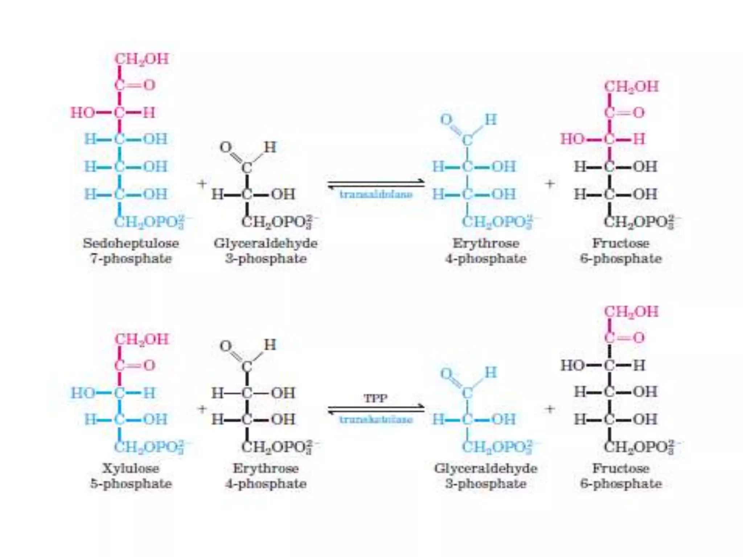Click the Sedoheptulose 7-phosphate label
pos(131,251)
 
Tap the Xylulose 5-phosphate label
pos(131,476)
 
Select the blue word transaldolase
pos(376,195)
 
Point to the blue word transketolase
pos(376,420)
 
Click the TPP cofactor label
pos(376,399)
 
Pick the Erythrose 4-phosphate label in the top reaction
pos(486,251)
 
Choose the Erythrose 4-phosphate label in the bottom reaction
pos(266,476)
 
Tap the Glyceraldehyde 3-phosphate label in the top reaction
pos(266,251)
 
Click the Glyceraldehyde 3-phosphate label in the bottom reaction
pos(486,476)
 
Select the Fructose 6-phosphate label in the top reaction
pos(621,251)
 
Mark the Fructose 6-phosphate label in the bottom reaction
pos(621,476)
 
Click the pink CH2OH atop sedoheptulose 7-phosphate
pos(142,59)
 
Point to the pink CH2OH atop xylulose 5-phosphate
pos(142,339)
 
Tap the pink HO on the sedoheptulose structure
pos(82,113)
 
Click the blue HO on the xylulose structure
pos(82,393)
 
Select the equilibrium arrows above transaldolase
pos(376,184)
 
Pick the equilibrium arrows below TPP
pos(376,409)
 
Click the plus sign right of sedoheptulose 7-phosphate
pos(202,183)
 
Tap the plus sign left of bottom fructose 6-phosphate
pos(550,409)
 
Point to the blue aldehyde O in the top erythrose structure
pos(447,119)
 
